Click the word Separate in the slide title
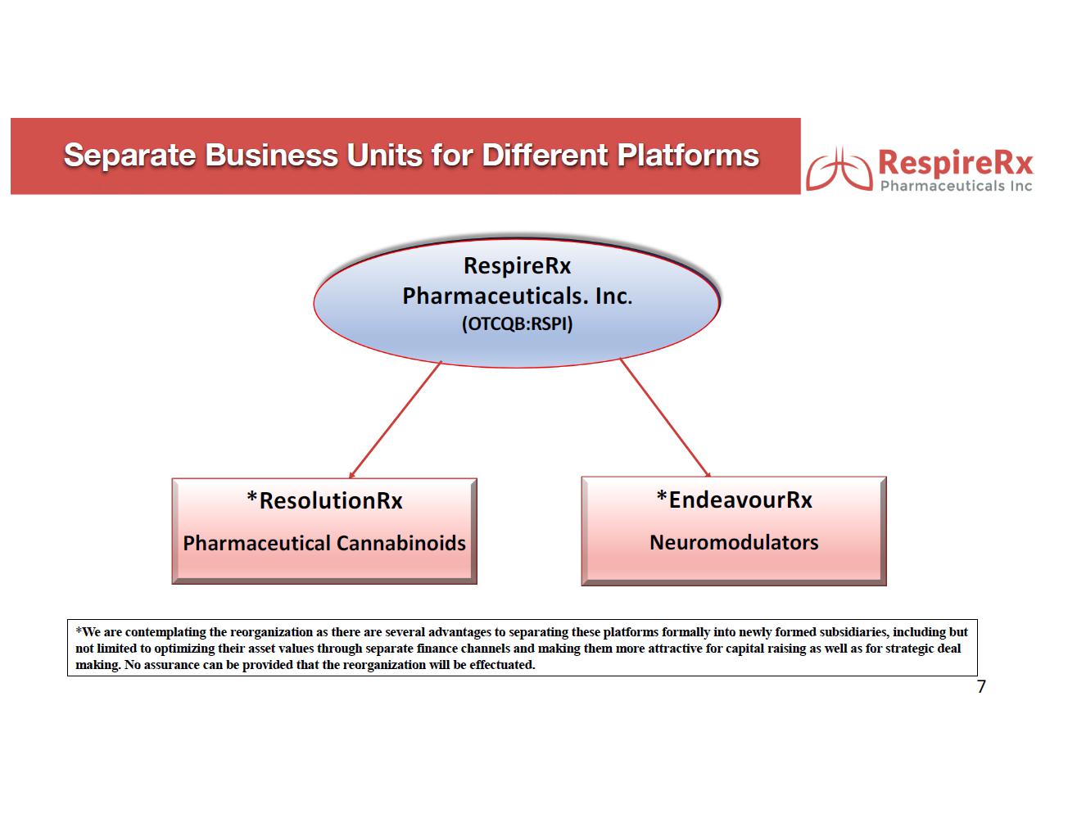point(129,156)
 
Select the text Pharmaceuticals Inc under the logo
point(956,186)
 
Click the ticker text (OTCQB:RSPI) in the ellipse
point(517,323)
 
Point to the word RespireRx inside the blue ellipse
point(517,265)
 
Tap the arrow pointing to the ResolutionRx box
point(395,419)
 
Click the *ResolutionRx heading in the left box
point(324,500)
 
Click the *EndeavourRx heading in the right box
point(734,500)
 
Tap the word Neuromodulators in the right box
point(734,542)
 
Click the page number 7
point(981,687)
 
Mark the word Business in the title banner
point(271,156)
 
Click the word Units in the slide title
point(385,156)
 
